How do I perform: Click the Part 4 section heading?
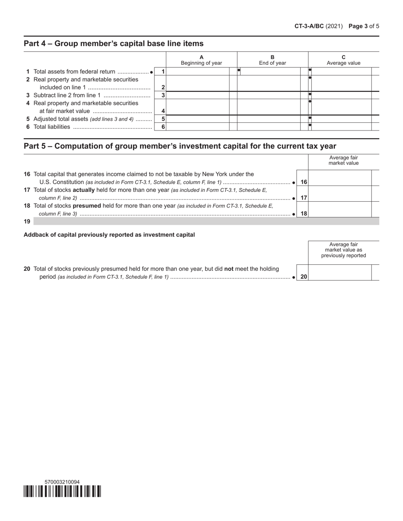click(113, 44)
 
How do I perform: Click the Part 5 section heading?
click(180, 146)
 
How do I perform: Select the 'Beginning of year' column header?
click(201, 60)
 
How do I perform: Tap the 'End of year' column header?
click(272, 60)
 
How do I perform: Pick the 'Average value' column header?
click(343, 60)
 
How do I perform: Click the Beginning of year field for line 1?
click(197, 72)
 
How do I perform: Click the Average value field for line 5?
click(341, 119)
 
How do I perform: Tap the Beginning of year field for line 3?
click(197, 95)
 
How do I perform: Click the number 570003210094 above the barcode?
click(62, 482)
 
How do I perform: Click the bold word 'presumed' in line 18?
click(87, 206)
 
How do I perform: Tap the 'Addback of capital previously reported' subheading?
click(109, 235)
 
